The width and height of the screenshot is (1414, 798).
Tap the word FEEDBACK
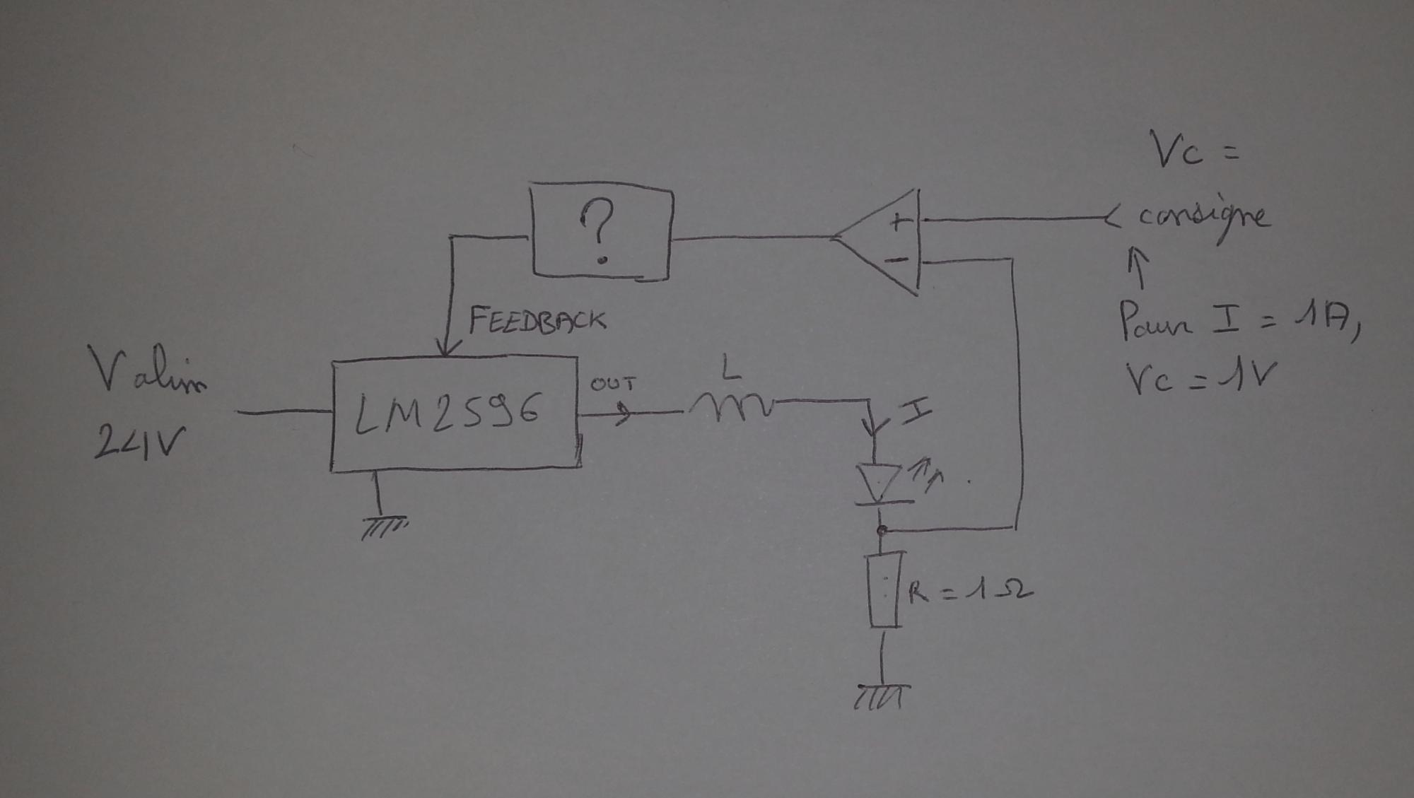[537, 320]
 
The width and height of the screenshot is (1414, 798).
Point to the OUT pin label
[613, 385]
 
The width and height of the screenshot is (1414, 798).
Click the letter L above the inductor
[730, 368]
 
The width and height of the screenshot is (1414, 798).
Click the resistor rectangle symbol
[884, 590]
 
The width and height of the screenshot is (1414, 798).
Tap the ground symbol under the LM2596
[384, 527]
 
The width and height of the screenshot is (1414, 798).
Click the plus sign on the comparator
[899, 222]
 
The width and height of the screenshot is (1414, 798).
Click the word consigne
[1202, 216]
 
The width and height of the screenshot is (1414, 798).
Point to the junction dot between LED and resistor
[882, 529]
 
